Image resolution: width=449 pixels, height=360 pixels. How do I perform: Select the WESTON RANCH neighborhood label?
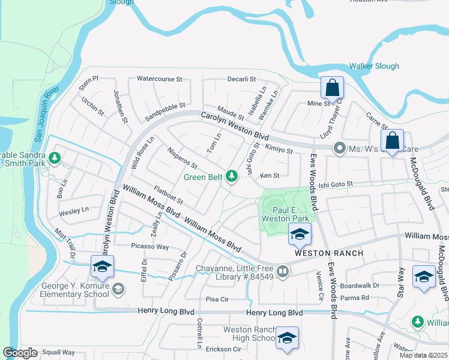click(x=328, y=253)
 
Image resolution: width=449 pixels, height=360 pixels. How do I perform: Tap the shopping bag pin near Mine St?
click(x=332, y=89)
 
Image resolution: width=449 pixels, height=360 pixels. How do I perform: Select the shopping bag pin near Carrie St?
click(x=392, y=142)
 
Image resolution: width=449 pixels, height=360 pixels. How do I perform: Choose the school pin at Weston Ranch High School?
click(x=288, y=338)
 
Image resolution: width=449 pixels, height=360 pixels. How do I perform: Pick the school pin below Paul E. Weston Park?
click(x=300, y=235)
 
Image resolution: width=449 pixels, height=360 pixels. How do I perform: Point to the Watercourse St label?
click(x=159, y=79)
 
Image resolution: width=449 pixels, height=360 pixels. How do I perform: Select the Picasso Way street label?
click(x=150, y=247)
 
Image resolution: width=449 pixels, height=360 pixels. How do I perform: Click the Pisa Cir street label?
click(x=217, y=298)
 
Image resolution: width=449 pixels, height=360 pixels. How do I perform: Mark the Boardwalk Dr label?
click(x=360, y=286)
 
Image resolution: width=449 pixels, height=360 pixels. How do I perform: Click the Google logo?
click(x=20, y=353)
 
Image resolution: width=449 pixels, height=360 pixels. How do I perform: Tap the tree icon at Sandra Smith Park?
click(x=55, y=158)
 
